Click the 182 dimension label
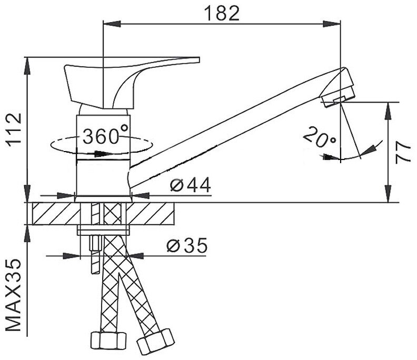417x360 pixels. [222, 13]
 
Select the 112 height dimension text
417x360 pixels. [14, 129]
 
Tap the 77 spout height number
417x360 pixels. [403, 153]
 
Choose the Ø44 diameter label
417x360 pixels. [191, 185]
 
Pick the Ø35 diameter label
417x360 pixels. [187, 245]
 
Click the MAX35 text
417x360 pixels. [13, 295]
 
